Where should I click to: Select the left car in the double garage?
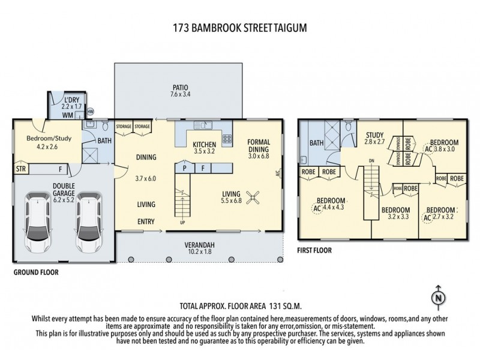tap(37, 221)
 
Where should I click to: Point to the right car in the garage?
tap(87, 221)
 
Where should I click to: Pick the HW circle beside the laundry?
tap(91, 112)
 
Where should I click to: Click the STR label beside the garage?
tap(21, 169)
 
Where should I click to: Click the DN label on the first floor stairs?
tap(371, 160)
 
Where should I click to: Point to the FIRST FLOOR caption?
tap(316, 248)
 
